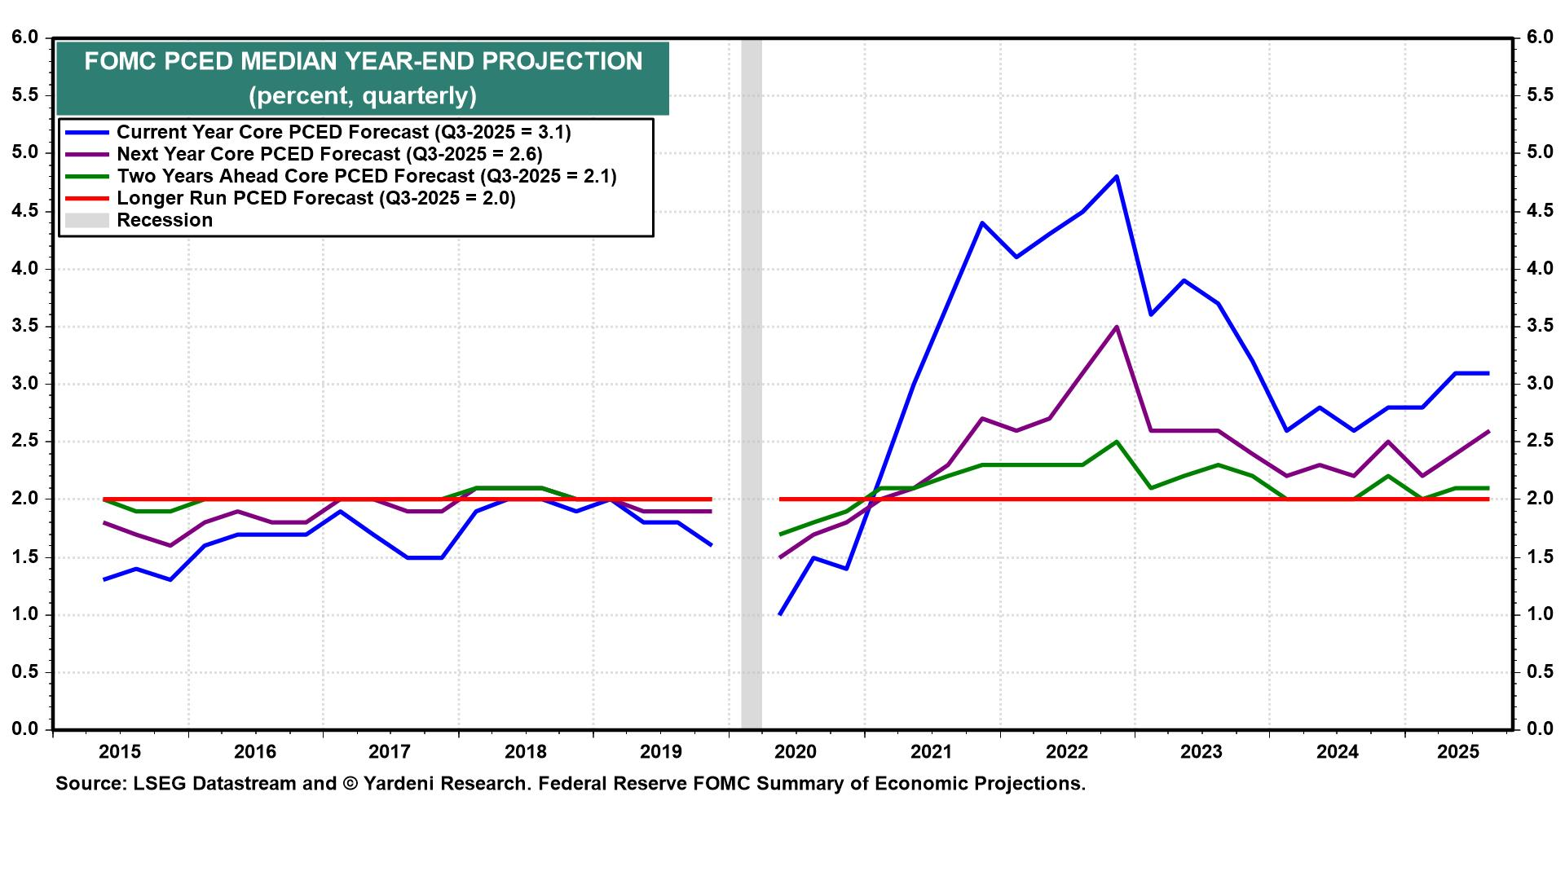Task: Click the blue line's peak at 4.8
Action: coord(1116,176)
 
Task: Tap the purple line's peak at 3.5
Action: coord(1116,327)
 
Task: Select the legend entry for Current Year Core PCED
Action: coord(343,132)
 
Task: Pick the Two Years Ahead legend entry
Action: coord(366,176)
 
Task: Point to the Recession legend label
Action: coord(165,220)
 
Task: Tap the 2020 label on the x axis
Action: coord(795,751)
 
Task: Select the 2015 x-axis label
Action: coord(120,751)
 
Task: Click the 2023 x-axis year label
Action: coord(1201,751)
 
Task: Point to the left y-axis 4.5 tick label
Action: coord(25,211)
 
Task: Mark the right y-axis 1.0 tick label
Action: coord(1540,614)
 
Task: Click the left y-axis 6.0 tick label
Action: coord(25,37)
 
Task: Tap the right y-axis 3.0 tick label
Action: coord(1540,384)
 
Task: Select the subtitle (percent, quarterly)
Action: coord(363,96)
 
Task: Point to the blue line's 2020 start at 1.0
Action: coord(781,614)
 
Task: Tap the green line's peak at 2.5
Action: coord(1116,442)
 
